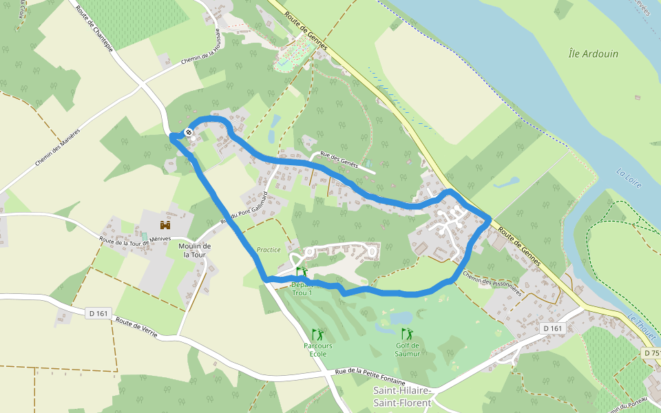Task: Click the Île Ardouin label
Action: (x=594, y=54)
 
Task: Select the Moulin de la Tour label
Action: (x=195, y=250)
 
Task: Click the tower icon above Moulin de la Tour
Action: (x=165, y=225)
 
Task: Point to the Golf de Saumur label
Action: (x=408, y=350)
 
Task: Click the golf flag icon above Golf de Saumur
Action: (x=406, y=334)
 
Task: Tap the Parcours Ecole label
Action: (x=318, y=350)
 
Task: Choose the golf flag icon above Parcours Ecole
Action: (x=317, y=334)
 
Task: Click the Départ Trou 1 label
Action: (x=302, y=288)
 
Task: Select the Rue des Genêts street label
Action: (x=342, y=160)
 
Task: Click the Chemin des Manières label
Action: (x=58, y=147)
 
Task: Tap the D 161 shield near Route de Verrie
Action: (x=99, y=313)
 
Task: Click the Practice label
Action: (x=269, y=250)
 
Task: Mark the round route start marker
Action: (x=188, y=131)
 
